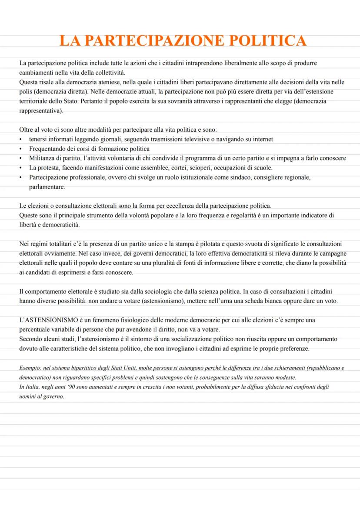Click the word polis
(x=26, y=91)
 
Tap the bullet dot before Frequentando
(x=21, y=149)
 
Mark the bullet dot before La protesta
(x=21, y=168)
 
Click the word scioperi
(x=187, y=168)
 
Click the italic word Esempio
(x=30, y=368)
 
